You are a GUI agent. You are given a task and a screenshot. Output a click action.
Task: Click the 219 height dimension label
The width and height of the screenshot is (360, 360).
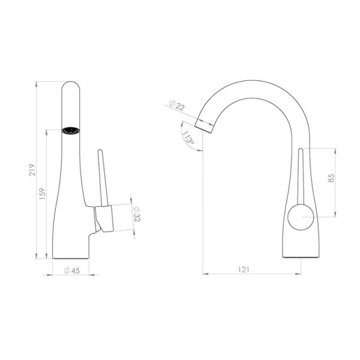point(32,170)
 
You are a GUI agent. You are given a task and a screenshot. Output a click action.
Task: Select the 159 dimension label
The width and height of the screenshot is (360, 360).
point(43,194)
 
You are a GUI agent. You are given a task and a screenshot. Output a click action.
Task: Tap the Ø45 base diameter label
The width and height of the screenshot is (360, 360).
point(72,271)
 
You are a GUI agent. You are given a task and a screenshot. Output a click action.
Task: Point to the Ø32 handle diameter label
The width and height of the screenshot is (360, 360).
point(137,214)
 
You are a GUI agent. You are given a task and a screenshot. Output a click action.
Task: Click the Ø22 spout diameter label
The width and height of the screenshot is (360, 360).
point(177,106)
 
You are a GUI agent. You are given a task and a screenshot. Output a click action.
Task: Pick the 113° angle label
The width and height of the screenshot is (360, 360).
point(188,137)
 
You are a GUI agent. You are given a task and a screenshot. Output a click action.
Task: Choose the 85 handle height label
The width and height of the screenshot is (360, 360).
point(331,178)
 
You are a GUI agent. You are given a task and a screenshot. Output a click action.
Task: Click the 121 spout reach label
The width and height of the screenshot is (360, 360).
point(244,269)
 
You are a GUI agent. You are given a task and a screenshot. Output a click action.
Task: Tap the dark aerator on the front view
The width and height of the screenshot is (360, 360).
point(71,131)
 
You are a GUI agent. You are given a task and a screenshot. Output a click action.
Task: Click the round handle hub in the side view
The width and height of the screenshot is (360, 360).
point(301,217)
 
